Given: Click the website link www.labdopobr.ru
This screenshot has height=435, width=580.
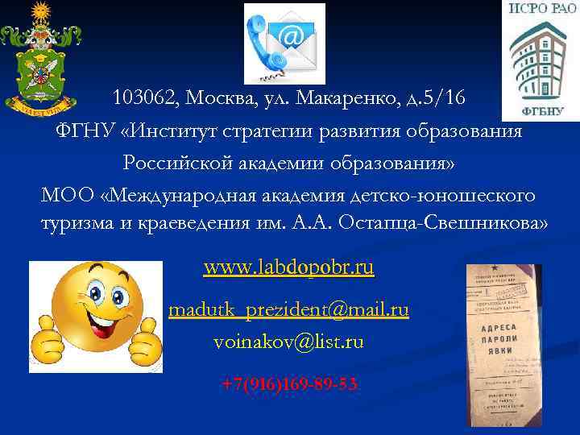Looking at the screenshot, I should click(x=288, y=267).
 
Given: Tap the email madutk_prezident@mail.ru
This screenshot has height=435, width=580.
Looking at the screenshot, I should click(x=288, y=309).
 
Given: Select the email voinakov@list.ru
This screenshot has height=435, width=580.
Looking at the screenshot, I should click(x=288, y=342).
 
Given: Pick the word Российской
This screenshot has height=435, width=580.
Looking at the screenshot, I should click(x=175, y=163).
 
